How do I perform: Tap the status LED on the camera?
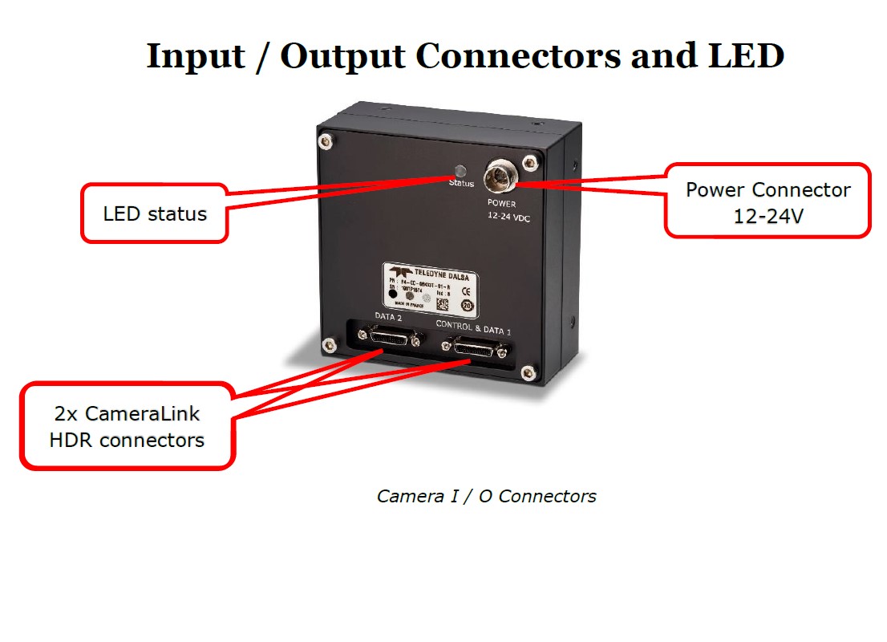(x=460, y=171)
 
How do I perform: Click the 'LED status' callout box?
(x=155, y=213)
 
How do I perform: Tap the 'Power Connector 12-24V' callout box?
(x=768, y=201)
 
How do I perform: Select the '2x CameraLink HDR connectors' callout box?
(x=127, y=426)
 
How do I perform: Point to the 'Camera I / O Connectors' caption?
(x=486, y=496)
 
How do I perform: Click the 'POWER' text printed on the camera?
(x=503, y=203)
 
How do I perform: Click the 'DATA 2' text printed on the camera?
(x=388, y=317)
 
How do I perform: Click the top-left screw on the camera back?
(x=326, y=142)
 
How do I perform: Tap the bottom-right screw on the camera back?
(x=527, y=371)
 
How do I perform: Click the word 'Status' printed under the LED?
(x=461, y=184)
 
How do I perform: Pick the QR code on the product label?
(x=442, y=303)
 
